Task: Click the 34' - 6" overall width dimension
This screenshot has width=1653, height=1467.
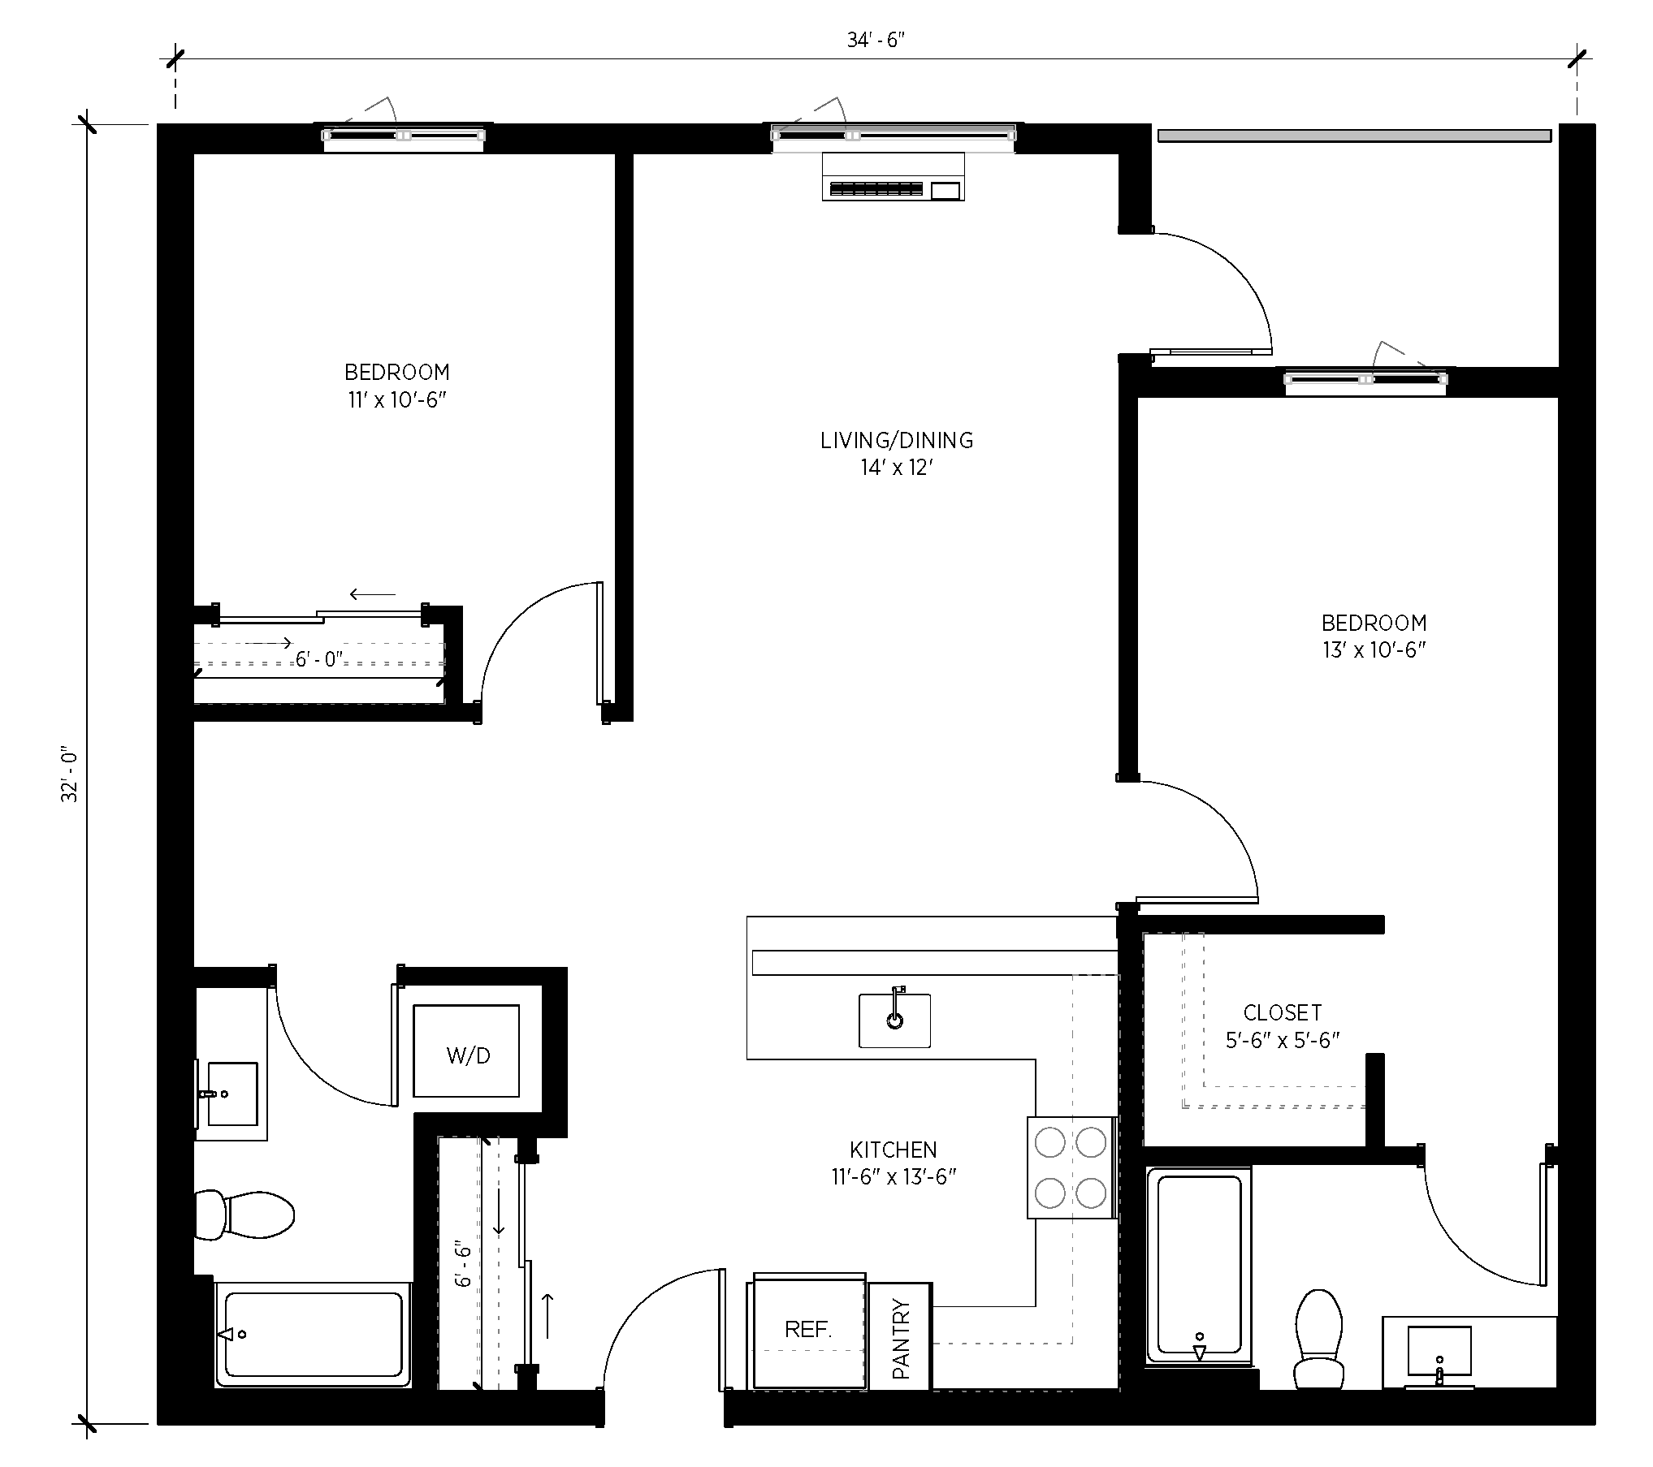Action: [x=875, y=41]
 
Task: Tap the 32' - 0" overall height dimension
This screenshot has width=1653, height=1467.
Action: [x=70, y=775]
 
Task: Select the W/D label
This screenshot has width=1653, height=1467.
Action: [x=469, y=1055]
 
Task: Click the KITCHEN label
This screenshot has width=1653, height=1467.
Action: [x=894, y=1150]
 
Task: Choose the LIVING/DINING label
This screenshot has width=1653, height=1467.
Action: [x=896, y=441]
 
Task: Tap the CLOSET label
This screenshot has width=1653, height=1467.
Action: [x=1283, y=1012]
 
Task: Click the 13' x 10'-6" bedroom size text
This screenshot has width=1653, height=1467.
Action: [x=1374, y=650]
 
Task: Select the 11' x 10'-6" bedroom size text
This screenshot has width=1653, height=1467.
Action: [x=397, y=400]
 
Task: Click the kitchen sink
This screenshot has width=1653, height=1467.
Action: [x=894, y=1020]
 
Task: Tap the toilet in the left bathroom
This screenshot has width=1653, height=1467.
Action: [x=244, y=1215]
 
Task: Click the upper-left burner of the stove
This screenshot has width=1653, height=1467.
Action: [x=1050, y=1143]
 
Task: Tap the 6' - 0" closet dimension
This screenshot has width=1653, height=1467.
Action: [x=319, y=659]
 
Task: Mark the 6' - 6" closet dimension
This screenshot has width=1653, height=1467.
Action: [x=463, y=1263]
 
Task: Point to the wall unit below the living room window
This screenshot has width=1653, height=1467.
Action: [x=893, y=176]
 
